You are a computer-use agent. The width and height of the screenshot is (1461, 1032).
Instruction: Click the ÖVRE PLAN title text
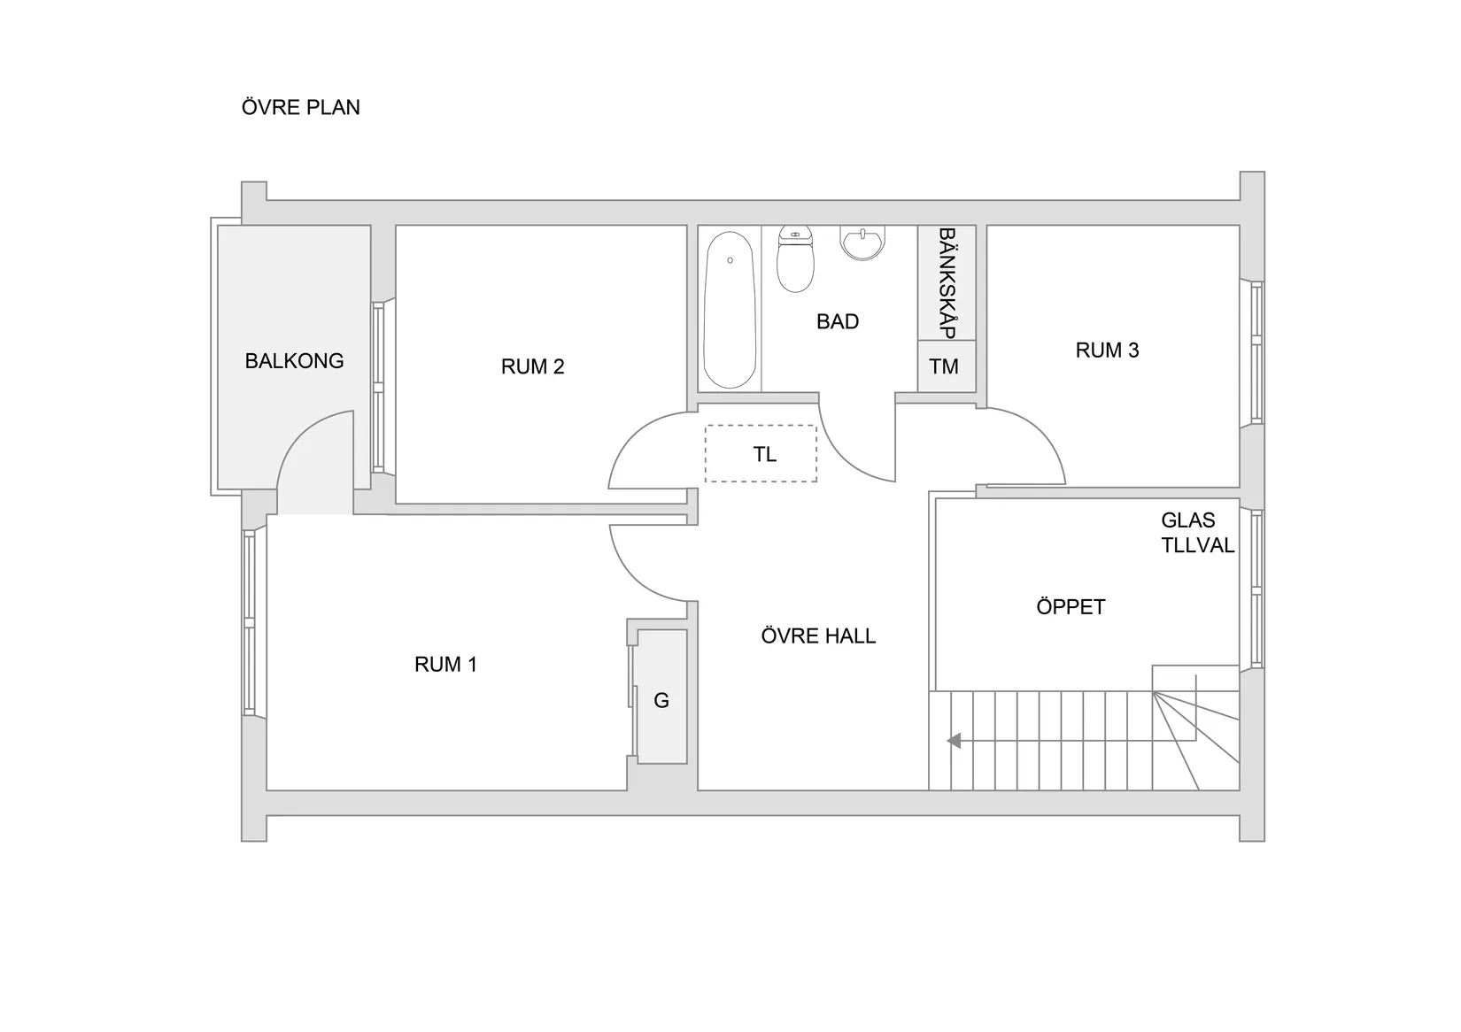pyautogui.click(x=300, y=107)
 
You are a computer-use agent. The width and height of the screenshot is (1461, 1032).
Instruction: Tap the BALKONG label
pyautogui.click(x=294, y=361)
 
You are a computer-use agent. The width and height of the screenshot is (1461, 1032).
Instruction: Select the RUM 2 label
pyautogui.click(x=532, y=366)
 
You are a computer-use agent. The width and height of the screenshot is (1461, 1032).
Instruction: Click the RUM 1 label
pyautogui.click(x=445, y=665)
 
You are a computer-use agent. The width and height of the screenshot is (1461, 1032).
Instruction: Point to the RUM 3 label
pyautogui.click(x=1107, y=350)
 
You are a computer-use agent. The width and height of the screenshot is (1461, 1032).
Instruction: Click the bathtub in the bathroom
pyautogui.click(x=730, y=310)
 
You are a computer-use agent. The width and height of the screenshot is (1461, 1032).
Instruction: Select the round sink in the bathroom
pyautogui.click(x=862, y=243)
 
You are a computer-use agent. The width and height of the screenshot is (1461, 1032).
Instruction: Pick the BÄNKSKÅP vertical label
pyautogui.click(x=947, y=283)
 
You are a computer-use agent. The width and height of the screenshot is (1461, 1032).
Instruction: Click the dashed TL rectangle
pyautogui.click(x=761, y=454)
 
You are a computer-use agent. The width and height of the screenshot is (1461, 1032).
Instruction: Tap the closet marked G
pyautogui.click(x=661, y=700)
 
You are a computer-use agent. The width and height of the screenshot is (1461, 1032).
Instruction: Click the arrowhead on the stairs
pyautogui.click(x=954, y=741)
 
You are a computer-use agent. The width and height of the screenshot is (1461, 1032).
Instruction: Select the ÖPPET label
pyautogui.click(x=1071, y=607)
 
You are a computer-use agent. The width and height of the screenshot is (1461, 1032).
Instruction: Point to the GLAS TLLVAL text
pyautogui.click(x=1196, y=533)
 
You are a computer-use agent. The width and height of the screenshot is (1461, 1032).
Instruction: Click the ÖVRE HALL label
pyautogui.click(x=818, y=636)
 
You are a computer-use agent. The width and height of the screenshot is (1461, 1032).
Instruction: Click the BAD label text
pyautogui.click(x=837, y=322)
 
